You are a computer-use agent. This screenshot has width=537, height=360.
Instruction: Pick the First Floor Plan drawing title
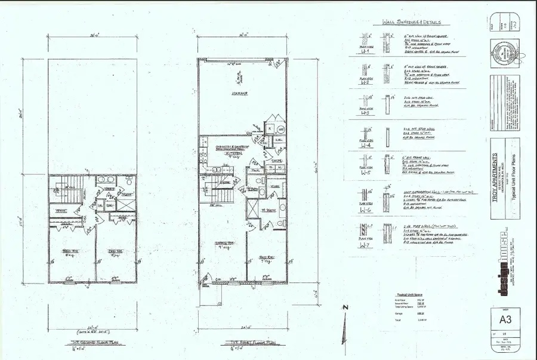click(240, 343)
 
